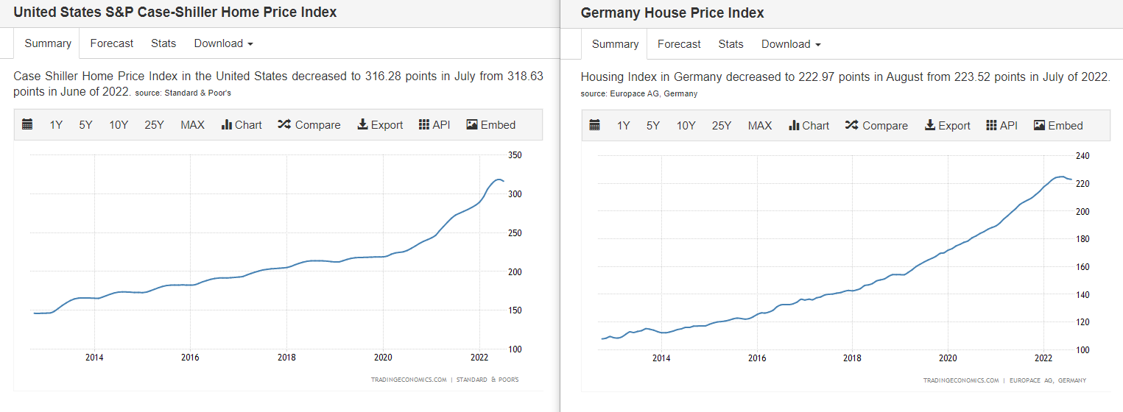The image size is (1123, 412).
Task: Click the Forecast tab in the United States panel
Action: pos(112,43)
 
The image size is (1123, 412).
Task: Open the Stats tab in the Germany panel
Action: pos(731,44)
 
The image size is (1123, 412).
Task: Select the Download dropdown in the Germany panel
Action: pos(790,44)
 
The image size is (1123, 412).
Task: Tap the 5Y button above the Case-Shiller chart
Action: pos(86,125)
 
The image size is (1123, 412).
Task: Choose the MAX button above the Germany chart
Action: pos(760,126)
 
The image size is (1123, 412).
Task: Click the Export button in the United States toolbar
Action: pos(380,125)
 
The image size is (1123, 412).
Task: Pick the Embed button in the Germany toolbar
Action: pos(1058,126)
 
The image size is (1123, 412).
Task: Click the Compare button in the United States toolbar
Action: pos(309,125)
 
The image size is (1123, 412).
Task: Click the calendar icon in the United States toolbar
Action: pos(27,125)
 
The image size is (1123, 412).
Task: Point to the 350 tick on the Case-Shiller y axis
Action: pos(515,155)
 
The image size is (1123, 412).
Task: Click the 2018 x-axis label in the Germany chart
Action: pos(852,358)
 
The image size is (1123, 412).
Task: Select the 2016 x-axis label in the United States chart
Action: pos(190,358)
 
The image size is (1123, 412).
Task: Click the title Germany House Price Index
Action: pos(672,13)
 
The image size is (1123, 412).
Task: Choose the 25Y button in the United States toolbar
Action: pos(155,125)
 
